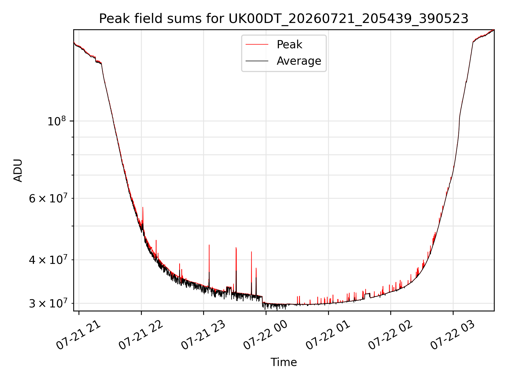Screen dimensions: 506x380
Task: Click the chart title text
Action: click(284, 19)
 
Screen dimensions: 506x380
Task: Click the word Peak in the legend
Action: click(289, 45)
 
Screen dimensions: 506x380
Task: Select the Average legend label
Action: click(299, 61)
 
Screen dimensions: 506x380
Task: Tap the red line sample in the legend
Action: click(257, 45)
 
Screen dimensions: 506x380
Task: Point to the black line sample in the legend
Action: click(257, 61)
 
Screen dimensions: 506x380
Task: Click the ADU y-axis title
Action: click(18, 170)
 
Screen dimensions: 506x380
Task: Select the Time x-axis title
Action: click(284, 362)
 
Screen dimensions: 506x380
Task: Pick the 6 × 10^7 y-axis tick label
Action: click(48, 198)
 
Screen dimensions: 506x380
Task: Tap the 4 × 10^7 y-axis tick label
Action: click(48, 259)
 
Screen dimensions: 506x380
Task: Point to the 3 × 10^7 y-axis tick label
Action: click(48, 303)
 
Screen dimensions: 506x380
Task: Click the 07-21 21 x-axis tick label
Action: click(78, 335)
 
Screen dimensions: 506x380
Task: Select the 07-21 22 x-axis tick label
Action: click(141, 335)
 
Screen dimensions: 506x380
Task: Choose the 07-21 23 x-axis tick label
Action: click(203, 335)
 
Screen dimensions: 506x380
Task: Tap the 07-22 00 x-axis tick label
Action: click(265, 335)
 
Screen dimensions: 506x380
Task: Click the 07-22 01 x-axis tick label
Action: click(328, 335)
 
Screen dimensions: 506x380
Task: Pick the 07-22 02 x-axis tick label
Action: click(390, 335)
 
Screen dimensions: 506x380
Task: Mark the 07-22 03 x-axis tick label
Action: click(453, 335)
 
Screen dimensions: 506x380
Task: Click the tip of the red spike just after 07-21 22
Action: click(143, 207)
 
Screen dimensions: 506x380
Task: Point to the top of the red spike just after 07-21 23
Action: click(209, 245)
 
